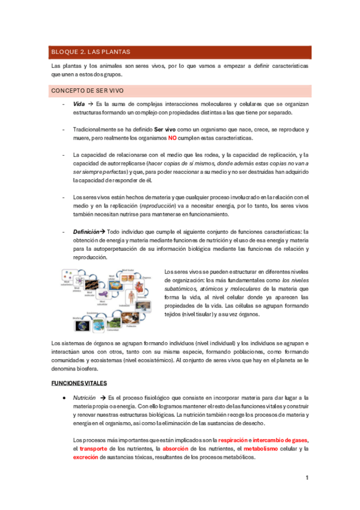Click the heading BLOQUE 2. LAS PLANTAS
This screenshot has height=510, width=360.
(x=91, y=52)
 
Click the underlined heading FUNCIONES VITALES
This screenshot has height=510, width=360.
(x=79, y=382)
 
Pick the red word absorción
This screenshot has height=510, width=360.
(x=176, y=449)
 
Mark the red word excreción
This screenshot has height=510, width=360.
(x=85, y=457)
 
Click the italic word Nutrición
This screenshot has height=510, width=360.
(x=84, y=398)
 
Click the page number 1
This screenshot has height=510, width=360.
(x=307, y=478)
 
